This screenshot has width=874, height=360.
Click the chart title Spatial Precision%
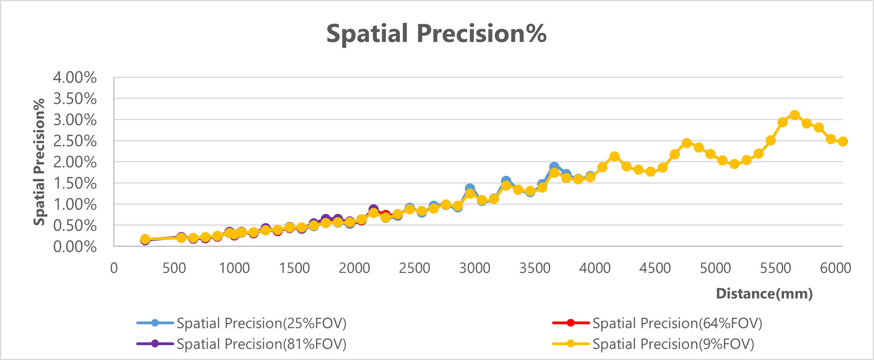pyautogui.click(x=436, y=33)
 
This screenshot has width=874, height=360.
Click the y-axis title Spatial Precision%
pyautogui.click(x=39, y=162)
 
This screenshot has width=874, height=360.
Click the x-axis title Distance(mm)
pyautogui.click(x=764, y=293)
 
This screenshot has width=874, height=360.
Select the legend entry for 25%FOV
pyautogui.click(x=261, y=323)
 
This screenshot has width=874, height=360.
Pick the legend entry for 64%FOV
pyautogui.click(x=677, y=323)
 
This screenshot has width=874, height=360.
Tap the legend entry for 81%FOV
pyautogui.click(x=261, y=344)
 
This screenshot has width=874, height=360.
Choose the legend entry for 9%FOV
pyautogui.click(x=673, y=344)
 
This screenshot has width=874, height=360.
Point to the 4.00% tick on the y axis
pyautogui.click(x=75, y=77)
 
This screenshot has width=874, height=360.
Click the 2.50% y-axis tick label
pyautogui.click(x=75, y=141)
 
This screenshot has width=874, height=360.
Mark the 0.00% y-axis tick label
pyautogui.click(x=75, y=246)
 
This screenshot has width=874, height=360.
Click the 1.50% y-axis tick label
pyautogui.click(x=75, y=183)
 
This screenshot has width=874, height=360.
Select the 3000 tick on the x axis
pyautogui.click(x=475, y=268)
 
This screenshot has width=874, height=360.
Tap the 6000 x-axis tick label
pyautogui.click(x=835, y=268)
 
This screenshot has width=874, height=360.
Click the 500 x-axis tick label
pyautogui.click(x=174, y=268)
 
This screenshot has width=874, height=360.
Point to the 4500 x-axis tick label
pyautogui.click(x=655, y=268)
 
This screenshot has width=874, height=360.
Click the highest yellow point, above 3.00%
pyautogui.click(x=795, y=115)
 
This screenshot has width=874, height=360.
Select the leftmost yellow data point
pyautogui.click(x=145, y=239)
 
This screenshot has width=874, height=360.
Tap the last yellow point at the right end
pyautogui.click(x=843, y=141)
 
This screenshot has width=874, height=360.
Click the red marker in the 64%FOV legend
pyautogui.click(x=570, y=323)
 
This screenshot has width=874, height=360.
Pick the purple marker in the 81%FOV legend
pyautogui.click(x=155, y=344)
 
